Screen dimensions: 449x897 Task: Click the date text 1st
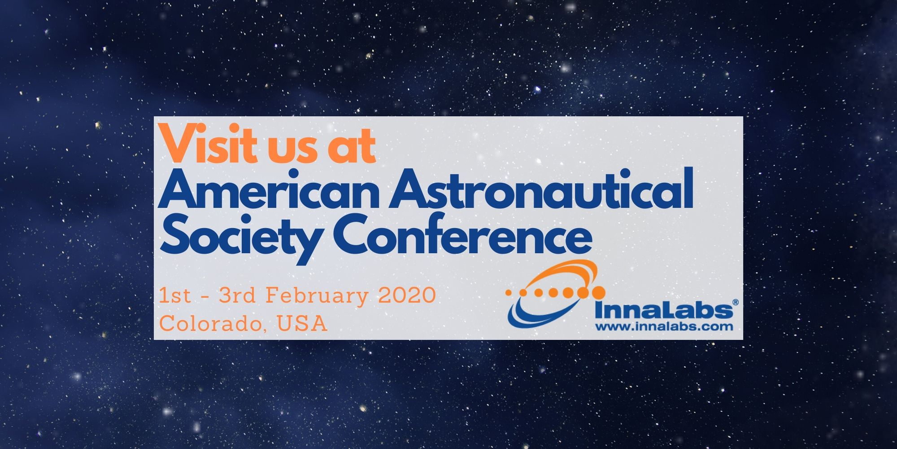coord(175,296)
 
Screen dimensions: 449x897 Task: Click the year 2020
coord(407,296)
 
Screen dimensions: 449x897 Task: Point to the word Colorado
coord(211,323)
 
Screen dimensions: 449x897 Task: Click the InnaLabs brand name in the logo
coord(662,311)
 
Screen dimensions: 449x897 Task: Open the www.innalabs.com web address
coord(664,327)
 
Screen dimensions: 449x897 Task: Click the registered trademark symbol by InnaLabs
coord(735,303)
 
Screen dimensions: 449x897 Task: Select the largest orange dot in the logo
coord(598,293)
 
